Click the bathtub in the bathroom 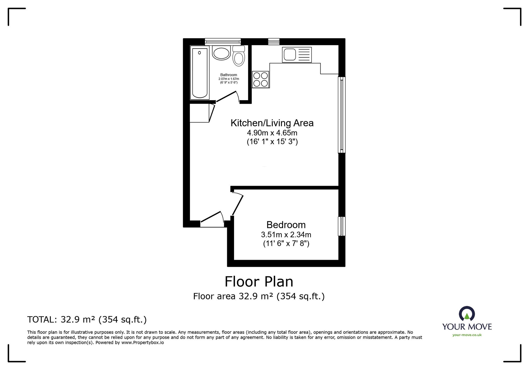pyautogui.click(x=200, y=73)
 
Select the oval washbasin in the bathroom pyautogui.click(x=221, y=53)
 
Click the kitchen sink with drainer pyautogui.click(x=297, y=55)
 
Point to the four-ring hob pyautogui.click(x=261, y=79)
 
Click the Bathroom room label pyautogui.click(x=229, y=75)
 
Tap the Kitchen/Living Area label pyautogui.click(x=272, y=123)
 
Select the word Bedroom pyautogui.click(x=286, y=225)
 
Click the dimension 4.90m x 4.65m pyautogui.click(x=272, y=133)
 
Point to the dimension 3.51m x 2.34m pyautogui.click(x=286, y=235)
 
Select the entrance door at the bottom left pyautogui.click(x=212, y=220)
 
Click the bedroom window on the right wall pyautogui.click(x=342, y=226)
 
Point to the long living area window pyautogui.click(x=342, y=115)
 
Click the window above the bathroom pyautogui.click(x=223, y=41)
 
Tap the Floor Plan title pyautogui.click(x=259, y=282)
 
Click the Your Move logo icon pyautogui.click(x=467, y=314)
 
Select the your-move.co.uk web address pyautogui.click(x=467, y=335)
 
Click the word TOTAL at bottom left pyautogui.click(x=41, y=320)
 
